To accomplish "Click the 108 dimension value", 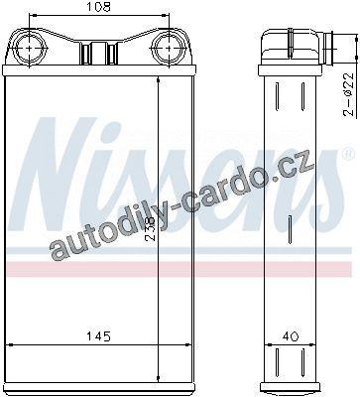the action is (98, 7).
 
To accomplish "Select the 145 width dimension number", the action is (98, 336).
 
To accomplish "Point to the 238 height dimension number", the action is (151, 229).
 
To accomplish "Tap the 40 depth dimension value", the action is (291, 336).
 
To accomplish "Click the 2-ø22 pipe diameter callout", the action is (349, 94).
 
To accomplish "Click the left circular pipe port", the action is (30, 49).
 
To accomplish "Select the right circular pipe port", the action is (169, 49).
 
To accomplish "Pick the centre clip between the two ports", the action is (99, 53).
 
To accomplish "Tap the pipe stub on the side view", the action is (329, 49).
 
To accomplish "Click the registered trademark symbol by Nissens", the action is (347, 154).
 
